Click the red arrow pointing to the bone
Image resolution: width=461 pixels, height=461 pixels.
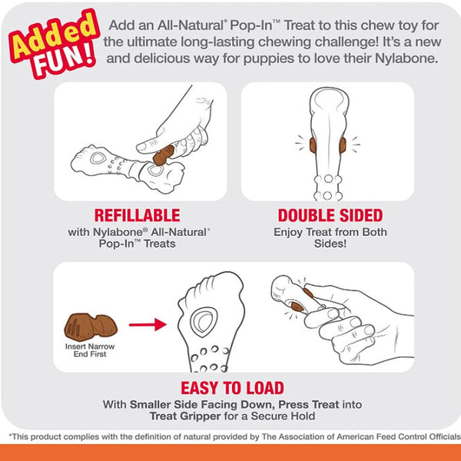[148, 324]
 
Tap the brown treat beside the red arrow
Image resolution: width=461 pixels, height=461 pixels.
[91, 327]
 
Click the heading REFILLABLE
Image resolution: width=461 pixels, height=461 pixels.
[137, 215]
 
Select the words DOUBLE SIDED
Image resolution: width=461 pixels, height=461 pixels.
[330, 215]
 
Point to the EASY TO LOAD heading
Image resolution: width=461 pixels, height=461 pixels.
[232, 388]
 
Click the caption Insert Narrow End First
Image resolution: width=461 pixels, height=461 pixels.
[90, 350]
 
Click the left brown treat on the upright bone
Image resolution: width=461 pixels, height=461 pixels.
[313, 145]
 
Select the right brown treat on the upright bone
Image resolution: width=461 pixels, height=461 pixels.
[343, 145]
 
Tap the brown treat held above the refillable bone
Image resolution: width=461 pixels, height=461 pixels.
[164, 154]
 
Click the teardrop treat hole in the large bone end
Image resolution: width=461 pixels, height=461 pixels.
[204, 322]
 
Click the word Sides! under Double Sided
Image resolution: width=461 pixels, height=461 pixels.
[330, 244]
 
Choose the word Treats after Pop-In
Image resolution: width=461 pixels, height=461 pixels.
[160, 244]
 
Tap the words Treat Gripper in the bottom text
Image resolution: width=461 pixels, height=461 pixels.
[185, 416]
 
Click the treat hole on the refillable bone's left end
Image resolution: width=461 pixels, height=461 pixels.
[98, 158]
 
